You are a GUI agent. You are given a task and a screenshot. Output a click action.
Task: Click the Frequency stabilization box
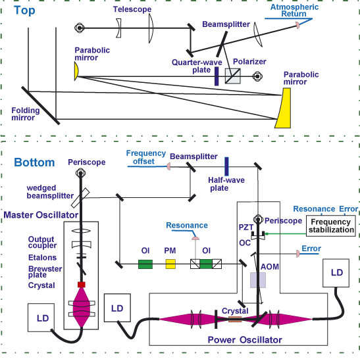click(x=331, y=226)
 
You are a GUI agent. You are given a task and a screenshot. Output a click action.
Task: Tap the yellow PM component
click(x=170, y=264)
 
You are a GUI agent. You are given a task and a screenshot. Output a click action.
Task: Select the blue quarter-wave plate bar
click(x=217, y=76)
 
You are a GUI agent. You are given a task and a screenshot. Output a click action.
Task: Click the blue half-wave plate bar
click(x=226, y=166)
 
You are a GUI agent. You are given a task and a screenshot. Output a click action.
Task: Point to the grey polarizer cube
click(x=233, y=76)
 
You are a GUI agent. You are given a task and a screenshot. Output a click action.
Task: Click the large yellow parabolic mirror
click(x=284, y=108)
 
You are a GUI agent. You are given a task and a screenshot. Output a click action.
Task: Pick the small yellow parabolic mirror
click(x=76, y=71)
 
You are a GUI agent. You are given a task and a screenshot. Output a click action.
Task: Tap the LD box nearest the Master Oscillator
click(x=41, y=318)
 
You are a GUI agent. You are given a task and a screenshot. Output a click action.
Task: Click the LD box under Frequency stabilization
click(x=336, y=273)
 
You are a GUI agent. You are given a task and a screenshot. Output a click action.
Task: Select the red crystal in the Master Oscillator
click(x=82, y=285)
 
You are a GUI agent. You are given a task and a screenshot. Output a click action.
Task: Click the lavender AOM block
click(x=258, y=280)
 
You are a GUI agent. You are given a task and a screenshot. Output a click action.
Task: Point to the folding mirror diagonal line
click(x=41, y=106)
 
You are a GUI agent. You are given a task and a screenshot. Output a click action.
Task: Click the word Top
click(x=24, y=11)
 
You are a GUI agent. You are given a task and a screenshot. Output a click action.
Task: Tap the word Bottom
click(x=34, y=162)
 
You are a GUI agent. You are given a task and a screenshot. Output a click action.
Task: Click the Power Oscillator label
click(x=245, y=340)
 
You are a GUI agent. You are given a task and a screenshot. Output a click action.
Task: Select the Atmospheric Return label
click(x=294, y=11)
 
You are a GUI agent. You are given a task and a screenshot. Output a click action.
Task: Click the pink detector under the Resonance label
click(x=195, y=238)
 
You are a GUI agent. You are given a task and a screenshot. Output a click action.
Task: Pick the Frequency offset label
click(x=145, y=157)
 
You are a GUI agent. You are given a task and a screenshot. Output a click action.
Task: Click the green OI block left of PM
click(x=145, y=264)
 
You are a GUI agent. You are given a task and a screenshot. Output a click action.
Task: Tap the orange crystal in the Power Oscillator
click(x=235, y=319)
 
